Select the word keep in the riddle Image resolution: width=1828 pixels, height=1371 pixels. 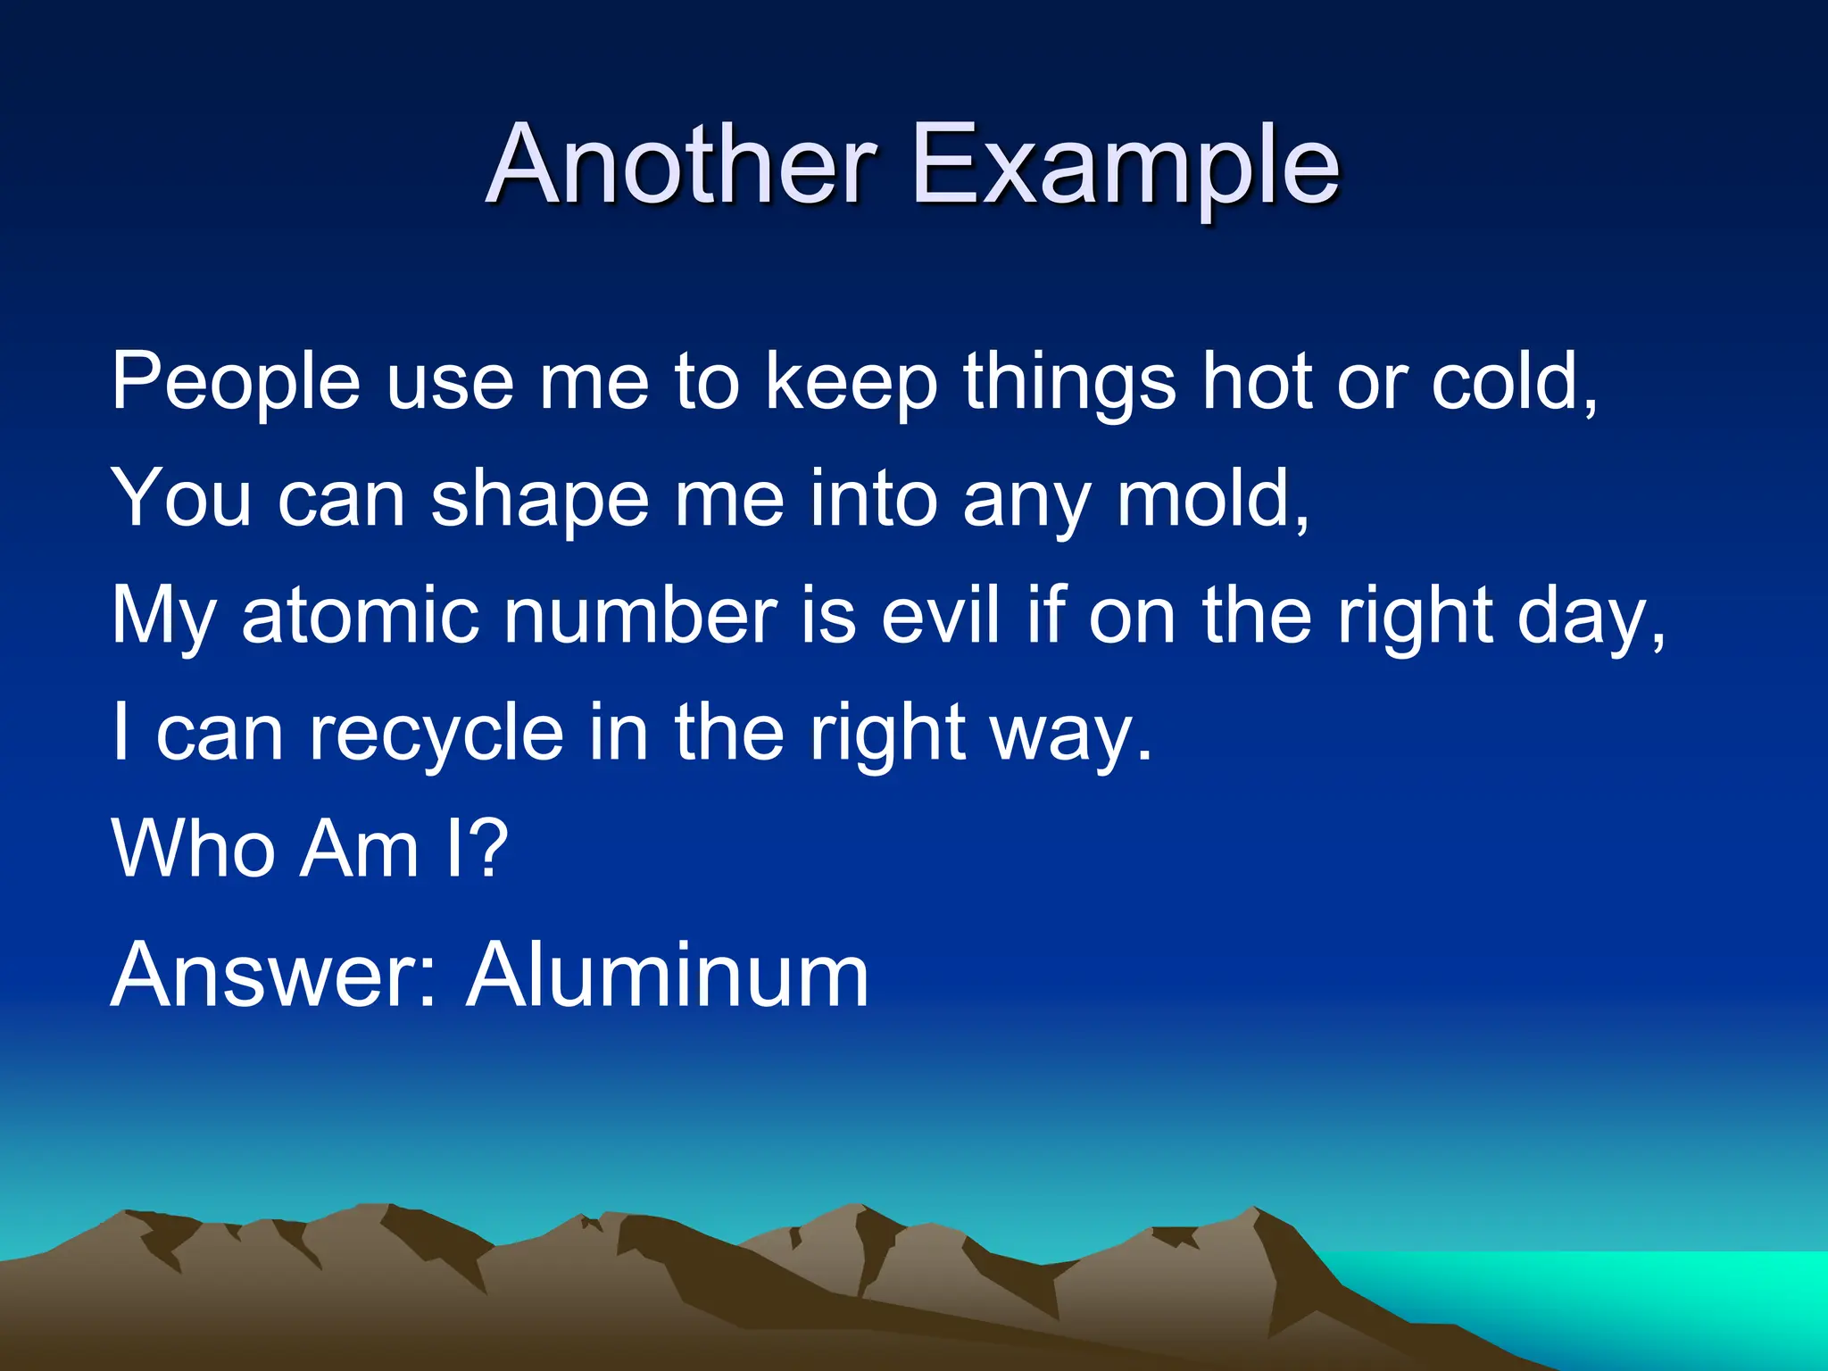[852, 382]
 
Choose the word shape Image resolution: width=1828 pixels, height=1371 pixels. [540, 500]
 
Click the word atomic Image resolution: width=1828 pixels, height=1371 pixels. [361, 615]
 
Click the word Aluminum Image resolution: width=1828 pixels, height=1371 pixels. [668, 975]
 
